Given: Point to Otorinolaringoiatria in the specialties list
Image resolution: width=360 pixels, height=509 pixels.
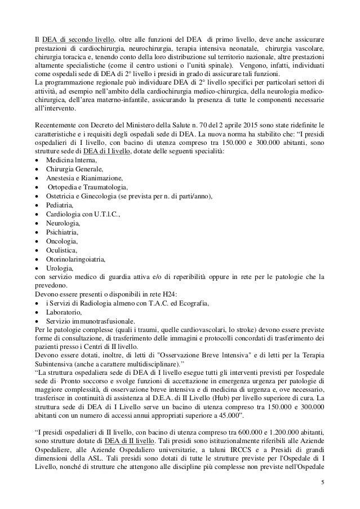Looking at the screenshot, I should click(75, 259).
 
